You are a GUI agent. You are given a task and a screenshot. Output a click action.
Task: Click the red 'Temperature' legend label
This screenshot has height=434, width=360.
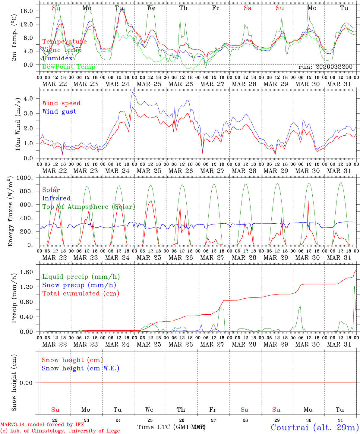(x=64, y=42)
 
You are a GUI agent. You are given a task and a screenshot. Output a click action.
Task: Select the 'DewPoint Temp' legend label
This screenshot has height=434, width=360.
(x=69, y=67)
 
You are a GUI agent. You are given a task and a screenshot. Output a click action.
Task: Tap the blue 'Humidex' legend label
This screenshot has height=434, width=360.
(x=57, y=58)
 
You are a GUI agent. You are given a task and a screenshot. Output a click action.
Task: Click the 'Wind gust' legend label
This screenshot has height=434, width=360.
(x=59, y=112)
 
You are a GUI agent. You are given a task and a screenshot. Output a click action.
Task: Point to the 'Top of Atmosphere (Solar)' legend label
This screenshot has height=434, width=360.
(x=88, y=207)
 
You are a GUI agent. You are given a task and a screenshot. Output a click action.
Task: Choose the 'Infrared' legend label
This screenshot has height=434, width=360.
(x=56, y=198)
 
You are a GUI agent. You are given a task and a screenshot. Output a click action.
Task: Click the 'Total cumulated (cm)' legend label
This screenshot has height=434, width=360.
(x=81, y=293)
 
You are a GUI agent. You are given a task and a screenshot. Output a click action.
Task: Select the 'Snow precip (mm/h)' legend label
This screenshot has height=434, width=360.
(x=79, y=285)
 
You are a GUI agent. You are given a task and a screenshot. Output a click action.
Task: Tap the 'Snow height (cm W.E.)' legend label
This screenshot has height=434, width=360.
(x=81, y=368)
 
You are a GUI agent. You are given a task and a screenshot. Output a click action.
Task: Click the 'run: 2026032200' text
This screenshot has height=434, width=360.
(x=325, y=67)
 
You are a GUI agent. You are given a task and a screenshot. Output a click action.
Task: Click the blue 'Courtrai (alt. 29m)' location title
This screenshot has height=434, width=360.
(x=314, y=427)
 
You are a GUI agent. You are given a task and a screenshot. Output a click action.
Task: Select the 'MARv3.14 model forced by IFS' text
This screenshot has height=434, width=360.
(x=42, y=425)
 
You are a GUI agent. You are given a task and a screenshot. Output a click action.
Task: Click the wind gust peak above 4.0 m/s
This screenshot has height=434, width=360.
(x=132, y=93)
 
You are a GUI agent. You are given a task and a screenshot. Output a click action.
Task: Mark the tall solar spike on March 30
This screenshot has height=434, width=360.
(x=308, y=201)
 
